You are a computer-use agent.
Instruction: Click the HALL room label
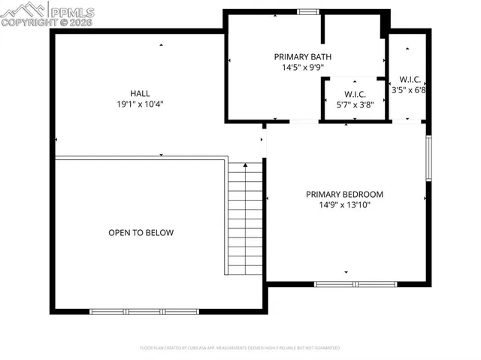140,93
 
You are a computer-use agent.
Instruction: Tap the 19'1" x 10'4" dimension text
140,104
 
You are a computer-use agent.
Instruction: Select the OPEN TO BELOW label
141,233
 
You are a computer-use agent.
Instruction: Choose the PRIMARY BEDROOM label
345,194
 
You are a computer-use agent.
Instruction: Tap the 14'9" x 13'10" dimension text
345,204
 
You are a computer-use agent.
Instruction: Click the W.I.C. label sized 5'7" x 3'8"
354,94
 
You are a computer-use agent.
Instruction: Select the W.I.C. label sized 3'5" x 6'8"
410,79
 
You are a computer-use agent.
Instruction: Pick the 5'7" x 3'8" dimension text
354,104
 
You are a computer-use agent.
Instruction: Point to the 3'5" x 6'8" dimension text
410,89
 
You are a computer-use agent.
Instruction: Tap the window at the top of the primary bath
307,11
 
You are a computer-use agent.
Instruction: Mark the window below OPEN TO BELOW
138,311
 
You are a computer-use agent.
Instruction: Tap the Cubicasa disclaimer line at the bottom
240,348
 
